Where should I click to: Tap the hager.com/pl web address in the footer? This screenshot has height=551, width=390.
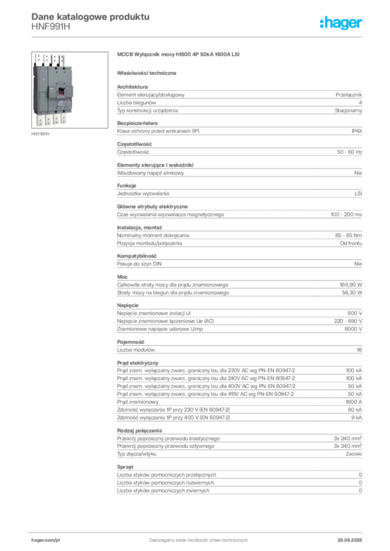click(x=46, y=539)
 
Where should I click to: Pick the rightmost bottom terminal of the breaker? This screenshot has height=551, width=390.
click(x=64, y=120)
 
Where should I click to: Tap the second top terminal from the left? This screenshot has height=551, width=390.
click(x=47, y=59)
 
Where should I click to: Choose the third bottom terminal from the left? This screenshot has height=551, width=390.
click(x=57, y=119)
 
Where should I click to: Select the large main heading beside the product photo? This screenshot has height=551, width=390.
click(x=178, y=55)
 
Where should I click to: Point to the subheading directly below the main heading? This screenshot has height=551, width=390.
click(x=149, y=72)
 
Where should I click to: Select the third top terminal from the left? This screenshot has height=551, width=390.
click(x=55, y=59)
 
